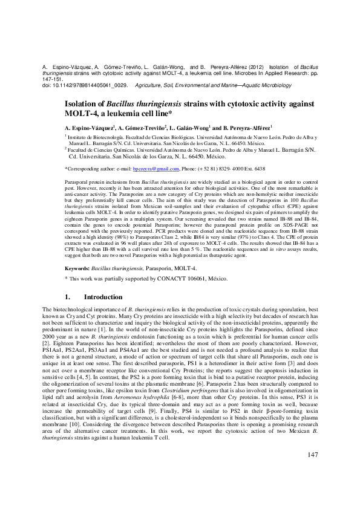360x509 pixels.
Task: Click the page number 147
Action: [313, 472]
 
